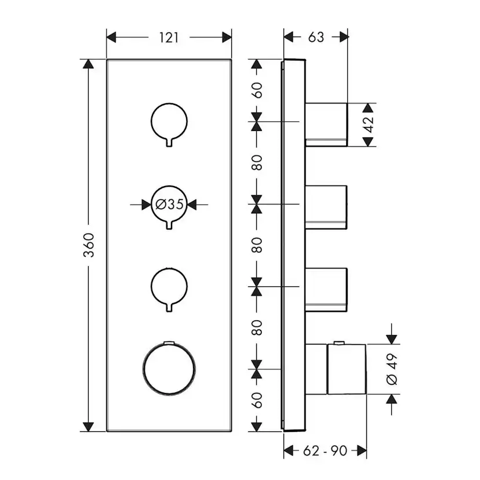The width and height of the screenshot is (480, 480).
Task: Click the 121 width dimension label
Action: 169,38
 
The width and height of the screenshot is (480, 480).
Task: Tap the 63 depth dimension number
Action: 316,38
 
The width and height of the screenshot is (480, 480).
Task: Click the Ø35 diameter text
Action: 169,204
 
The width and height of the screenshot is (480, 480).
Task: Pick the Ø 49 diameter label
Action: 391,369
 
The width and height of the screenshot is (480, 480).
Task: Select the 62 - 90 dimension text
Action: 325,450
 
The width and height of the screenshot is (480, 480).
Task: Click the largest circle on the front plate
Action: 169,369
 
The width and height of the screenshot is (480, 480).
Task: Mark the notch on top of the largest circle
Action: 169,344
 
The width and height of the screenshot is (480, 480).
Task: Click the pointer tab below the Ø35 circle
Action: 169,224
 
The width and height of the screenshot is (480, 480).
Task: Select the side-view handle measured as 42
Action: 326,124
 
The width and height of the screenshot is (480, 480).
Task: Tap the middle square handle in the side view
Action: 326,205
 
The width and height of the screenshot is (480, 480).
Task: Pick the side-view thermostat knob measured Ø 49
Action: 346,369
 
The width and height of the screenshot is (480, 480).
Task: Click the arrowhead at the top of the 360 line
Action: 88,65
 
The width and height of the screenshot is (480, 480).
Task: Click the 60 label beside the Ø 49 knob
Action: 257,400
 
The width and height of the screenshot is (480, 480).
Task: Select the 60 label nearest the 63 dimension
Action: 257,90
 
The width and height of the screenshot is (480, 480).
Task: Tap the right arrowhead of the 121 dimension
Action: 226,38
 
